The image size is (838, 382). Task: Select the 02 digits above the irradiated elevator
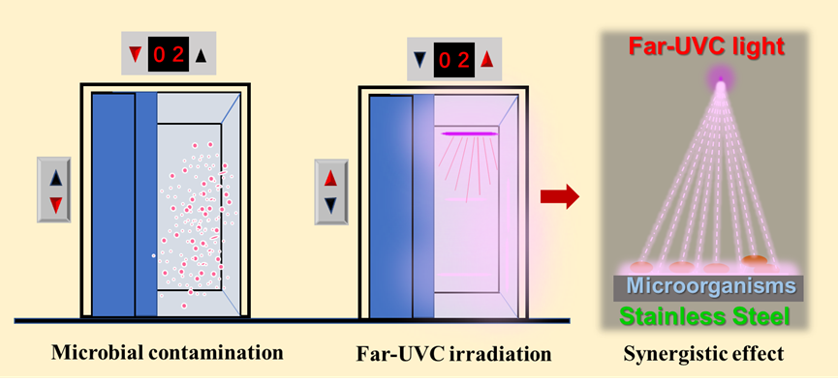coord(454,59)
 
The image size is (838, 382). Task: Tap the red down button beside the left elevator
coord(55,204)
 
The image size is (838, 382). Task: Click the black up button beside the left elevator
coord(55,177)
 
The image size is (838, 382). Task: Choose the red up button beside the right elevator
coord(331,178)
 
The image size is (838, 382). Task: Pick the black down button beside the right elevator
coord(331,204)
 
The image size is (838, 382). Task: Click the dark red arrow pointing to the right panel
coord(560,198)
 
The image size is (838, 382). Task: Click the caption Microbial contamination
coord(168,351)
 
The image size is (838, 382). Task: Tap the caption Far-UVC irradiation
coord(453,353)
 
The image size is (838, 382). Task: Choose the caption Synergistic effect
coord(717,353)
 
